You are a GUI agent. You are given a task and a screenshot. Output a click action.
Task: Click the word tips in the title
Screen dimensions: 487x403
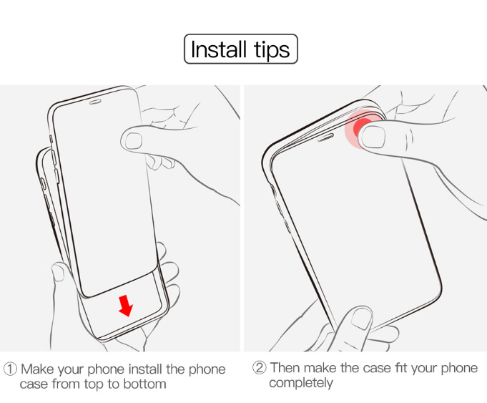click(x=272, y=50)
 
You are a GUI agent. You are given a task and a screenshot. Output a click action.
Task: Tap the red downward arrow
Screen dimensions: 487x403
click(x=125, y=306)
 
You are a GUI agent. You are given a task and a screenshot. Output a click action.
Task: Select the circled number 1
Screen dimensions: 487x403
click(x=10, y=369)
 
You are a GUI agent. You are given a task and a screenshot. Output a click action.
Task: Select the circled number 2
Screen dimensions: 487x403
click(x=260, y=367)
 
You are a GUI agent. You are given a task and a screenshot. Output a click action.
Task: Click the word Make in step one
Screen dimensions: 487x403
click(x=37, y=369)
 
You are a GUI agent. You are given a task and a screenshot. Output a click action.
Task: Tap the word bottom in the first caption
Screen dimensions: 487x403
click(x=144, y=384)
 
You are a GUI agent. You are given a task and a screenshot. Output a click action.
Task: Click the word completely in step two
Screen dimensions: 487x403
click(x=301, y=383)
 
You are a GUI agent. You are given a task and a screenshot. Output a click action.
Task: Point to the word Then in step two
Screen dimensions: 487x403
click(x=285, y=367)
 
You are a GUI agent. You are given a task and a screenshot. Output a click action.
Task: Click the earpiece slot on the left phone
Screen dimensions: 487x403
click(x=95, y=102)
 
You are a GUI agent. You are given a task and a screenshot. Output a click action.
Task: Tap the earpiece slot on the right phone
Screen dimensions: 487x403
click(x=325, y=137)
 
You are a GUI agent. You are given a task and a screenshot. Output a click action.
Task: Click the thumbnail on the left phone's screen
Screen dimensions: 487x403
click(x=134, y=140)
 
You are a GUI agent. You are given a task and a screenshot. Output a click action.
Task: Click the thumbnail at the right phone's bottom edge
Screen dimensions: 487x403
click(x=361, y=319)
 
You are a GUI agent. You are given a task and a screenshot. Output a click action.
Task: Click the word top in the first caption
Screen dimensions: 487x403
click(x=94, y=384)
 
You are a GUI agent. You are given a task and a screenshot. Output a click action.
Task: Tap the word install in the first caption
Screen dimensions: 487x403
click(x=146, y=369)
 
